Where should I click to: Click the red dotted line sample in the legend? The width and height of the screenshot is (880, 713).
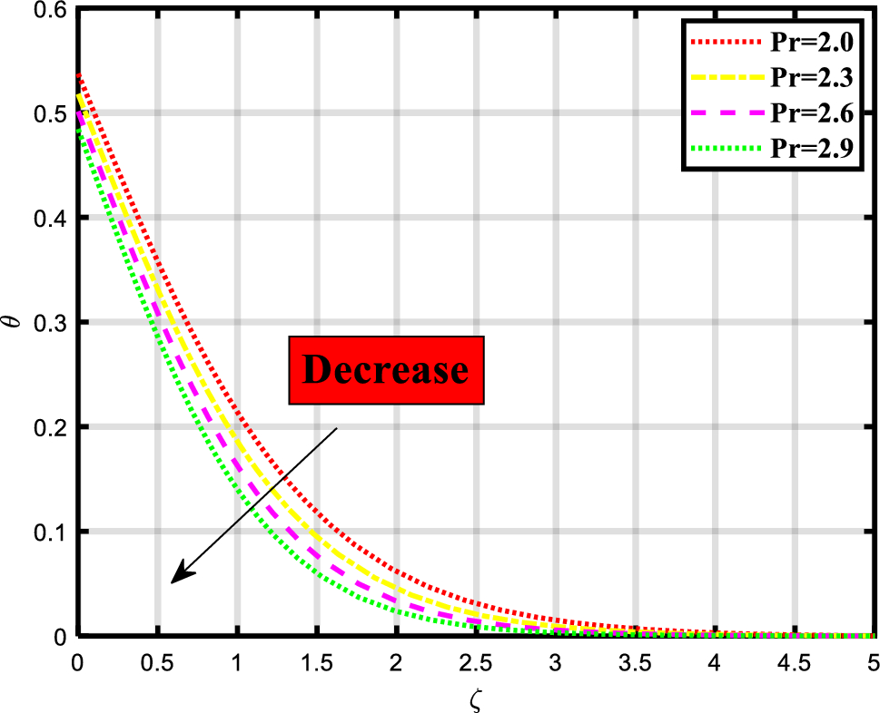coord(724,43)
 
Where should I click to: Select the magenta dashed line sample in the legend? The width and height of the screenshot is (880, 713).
coord(724,113)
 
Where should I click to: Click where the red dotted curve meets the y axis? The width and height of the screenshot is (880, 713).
coord(79,73)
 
